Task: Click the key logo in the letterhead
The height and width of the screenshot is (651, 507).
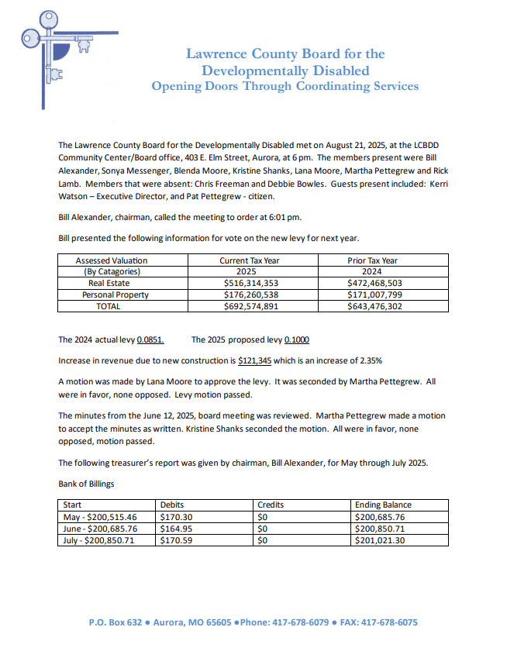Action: click(x=54, y=46)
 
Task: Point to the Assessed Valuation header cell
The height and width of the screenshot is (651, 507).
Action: click(x=112, y=260)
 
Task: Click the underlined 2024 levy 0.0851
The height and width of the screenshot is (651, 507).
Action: click(x=150, y=339)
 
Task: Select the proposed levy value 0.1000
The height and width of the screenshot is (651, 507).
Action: click(x=298, y=339)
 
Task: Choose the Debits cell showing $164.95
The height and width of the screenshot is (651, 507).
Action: click(x=176, y=529)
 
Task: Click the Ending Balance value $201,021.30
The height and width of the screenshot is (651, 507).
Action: click(x=379, y=540)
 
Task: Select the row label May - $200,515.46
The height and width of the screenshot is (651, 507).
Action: click(x=100, y=517)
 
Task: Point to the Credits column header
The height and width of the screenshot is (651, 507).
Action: click(x=271, y=505)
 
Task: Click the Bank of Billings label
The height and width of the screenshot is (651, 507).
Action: click(x=86, y=484)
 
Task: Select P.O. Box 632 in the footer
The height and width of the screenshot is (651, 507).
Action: click(x=116, y=622)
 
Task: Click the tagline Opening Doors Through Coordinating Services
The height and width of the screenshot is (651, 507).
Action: click(x=285, y=86)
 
